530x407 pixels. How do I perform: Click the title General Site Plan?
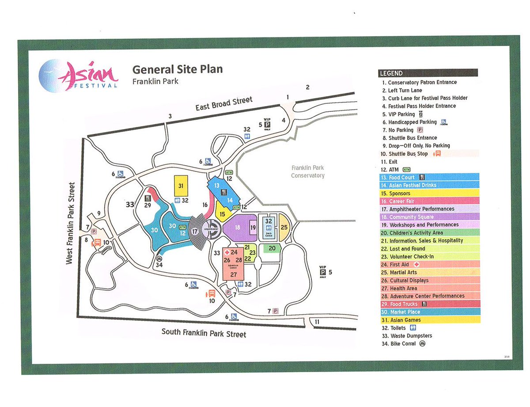tap(178, 69)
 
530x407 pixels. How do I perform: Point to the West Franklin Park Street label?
tap(70, 223)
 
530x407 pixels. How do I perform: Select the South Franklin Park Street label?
tap(204, 332)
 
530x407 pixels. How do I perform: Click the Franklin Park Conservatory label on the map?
tap(307, 171)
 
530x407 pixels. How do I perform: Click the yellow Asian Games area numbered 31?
tap(181, 186)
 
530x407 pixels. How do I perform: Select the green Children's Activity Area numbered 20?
tap(272, 248)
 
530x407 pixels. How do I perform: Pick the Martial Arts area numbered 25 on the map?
tap(284, 227)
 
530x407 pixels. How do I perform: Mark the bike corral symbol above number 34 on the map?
tap(159, 259)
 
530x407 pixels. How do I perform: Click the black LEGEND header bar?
tap(428, 73)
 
